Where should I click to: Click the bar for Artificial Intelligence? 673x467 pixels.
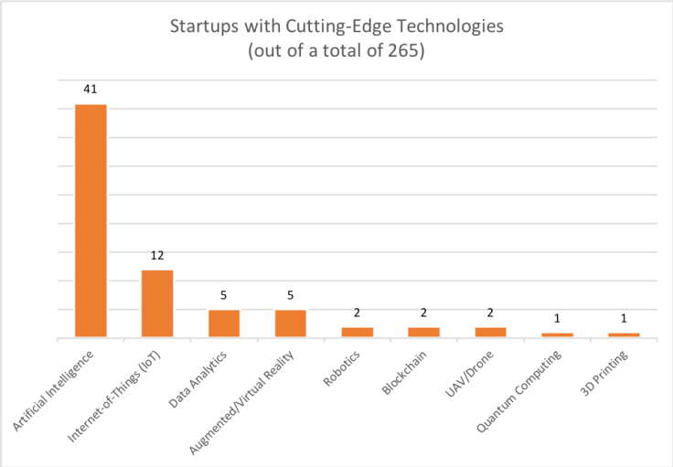tap(91, 221)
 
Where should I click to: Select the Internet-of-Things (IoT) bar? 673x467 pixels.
tap(157, 303)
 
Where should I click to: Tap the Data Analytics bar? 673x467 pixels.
tap(224, 324)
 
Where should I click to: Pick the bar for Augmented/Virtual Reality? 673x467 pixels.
tap(291, 324)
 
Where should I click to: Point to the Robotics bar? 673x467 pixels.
tap(358, 332)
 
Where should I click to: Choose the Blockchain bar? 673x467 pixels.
tap(424, 332)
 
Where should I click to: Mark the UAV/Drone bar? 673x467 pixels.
tap(491, 332)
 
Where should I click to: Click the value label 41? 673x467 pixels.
tap(91, 90)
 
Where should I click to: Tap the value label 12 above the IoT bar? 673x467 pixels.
tap(157, 256)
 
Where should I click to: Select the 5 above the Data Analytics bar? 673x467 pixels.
tap(224, 296)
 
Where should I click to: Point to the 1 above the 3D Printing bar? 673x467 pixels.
tap(625, 319)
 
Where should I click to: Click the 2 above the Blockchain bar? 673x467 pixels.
tap(424, 313)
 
